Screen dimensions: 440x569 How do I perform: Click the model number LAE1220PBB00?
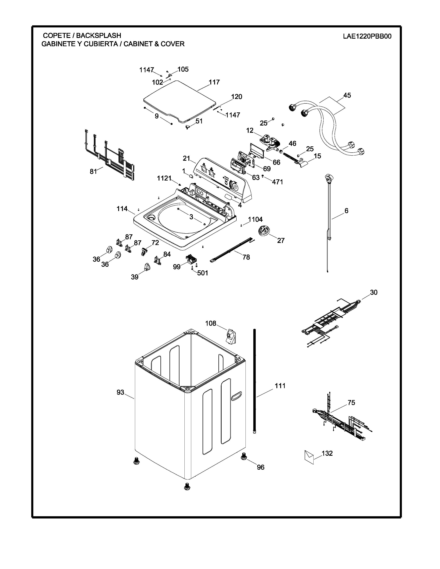367,36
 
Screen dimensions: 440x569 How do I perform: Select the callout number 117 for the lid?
214,82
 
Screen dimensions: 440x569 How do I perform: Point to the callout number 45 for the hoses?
347,95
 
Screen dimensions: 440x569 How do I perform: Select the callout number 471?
278,182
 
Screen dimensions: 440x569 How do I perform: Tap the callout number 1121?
164,178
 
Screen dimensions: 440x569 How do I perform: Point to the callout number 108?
211,323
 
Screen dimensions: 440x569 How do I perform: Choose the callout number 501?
203,273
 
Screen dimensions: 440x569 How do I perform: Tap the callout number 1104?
255,219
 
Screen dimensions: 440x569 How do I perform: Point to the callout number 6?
346,211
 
